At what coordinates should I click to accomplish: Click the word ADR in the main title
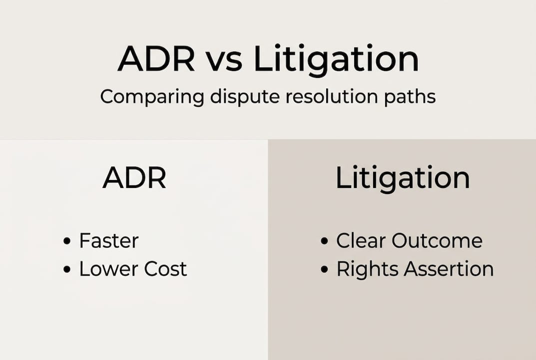coord(156,60)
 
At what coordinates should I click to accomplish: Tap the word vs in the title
coord(225,60)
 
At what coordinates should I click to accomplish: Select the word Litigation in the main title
coord(336,60)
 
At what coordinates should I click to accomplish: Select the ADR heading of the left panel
coord(134,178)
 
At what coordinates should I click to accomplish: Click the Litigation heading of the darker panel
coord(402,178)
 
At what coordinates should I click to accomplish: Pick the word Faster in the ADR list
coord(108,241)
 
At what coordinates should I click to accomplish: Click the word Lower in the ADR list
coord(108,269)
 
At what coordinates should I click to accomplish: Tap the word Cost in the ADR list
coord(165,269)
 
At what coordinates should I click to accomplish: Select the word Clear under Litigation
coord(361,241)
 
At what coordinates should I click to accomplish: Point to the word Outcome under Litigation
coord(437,241)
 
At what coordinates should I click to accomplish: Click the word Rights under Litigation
coord(367,269)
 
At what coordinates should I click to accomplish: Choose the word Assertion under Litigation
coord(449,269)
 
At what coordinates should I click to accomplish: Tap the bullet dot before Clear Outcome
coord(324,242)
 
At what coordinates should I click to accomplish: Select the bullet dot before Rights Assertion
coord(324,270)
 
